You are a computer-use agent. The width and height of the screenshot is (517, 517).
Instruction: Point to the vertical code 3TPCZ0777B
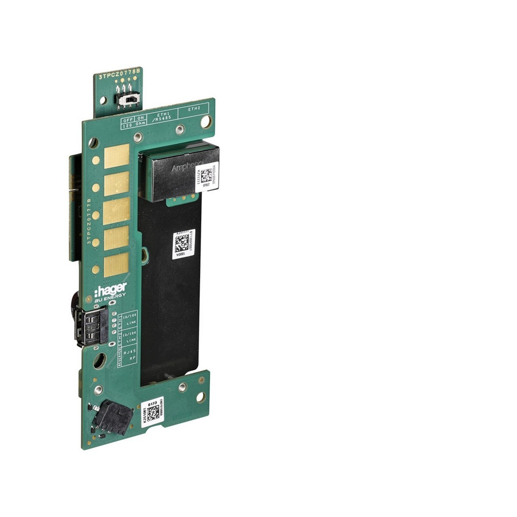coord(89,221)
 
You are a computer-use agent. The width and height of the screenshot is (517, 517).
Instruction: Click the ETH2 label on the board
coord(194,109)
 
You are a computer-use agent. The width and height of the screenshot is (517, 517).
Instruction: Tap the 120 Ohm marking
coord(133,125)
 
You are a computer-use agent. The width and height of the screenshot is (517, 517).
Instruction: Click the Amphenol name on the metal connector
coord(187,167)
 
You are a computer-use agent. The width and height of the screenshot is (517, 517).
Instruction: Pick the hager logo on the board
coord(111,288)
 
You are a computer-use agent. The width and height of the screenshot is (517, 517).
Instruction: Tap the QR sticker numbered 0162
coord(206,175)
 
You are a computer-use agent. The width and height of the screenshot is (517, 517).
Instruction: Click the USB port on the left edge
coord(92,325)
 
